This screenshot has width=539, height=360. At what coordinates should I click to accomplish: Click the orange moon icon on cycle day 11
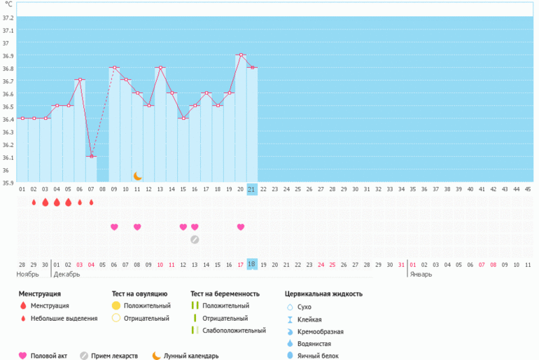coord(138,175)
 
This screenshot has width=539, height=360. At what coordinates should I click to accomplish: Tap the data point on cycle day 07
coord(91,156)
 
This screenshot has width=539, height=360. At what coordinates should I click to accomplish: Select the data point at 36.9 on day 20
coord(241,55)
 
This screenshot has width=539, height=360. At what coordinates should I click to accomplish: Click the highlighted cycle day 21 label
coord(252,189)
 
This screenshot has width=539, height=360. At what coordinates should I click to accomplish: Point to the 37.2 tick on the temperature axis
coord(7,18)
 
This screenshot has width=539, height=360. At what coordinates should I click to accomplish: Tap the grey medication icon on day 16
coord(195,240)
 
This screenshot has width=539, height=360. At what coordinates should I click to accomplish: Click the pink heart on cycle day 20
coord(241,227)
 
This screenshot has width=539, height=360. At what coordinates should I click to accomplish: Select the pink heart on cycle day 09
coord(114,227)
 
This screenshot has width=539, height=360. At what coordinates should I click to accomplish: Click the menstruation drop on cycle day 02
coord(34,202)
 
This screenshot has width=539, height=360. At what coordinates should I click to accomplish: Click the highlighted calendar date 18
coord(252,264)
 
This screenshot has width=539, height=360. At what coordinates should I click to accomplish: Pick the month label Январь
coord(421,275)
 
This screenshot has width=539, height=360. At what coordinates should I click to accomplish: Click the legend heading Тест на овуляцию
coord(139,294)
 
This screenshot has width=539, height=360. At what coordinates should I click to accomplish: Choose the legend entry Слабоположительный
coord(234,331)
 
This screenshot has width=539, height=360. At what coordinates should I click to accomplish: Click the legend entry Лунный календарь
coord(191,356)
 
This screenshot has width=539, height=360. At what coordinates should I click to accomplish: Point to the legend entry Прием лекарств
coord(115,356)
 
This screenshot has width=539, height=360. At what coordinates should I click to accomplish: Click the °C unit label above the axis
coord(8,4)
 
